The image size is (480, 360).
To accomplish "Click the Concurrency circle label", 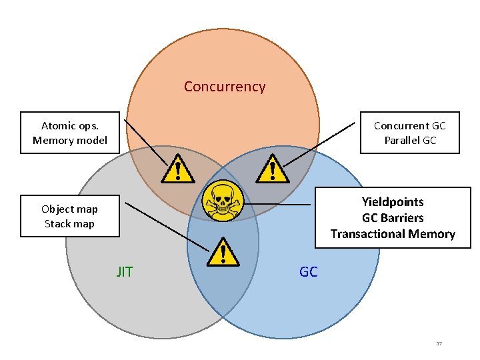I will (225, 87).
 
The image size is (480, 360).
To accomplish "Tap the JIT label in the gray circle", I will (125, 271).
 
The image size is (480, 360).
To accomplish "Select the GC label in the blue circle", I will (309, 271).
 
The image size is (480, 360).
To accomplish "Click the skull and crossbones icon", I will (222, 199).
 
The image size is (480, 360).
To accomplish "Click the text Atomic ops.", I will (69, 125).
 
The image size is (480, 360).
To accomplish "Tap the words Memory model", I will (69, 141).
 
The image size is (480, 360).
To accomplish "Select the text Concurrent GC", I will (409, 125).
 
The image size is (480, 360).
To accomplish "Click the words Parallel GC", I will (409, 141).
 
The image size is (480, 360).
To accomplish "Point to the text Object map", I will (69, 209).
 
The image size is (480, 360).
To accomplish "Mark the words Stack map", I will (69, 224).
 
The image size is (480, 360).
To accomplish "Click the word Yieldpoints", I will (393, 201).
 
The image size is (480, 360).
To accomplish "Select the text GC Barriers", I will (393, 217).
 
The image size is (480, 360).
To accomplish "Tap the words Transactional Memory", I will (393, 233).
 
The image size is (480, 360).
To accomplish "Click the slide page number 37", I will (439, 343).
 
